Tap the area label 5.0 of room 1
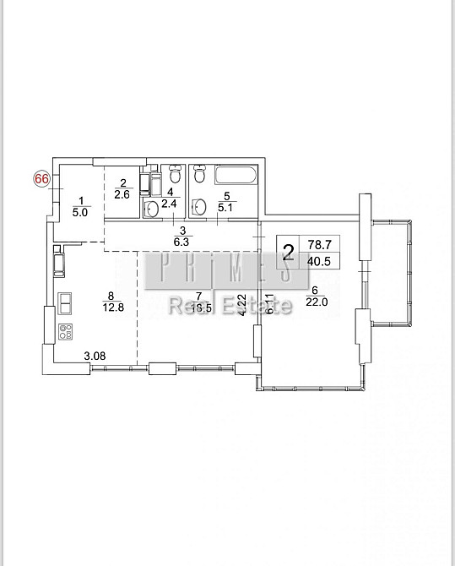click(x=81, y=213)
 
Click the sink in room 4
click(x=152, y=208)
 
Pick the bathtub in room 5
click(x=235, y=177)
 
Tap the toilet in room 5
click(x=199, y=176)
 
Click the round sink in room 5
click(x=200, y=206)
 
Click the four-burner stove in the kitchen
click(x=65, y=330)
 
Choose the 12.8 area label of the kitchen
click(x=111, y=306)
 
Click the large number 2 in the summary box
click(x=288, y=251)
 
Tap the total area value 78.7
click(x=317, y=243)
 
